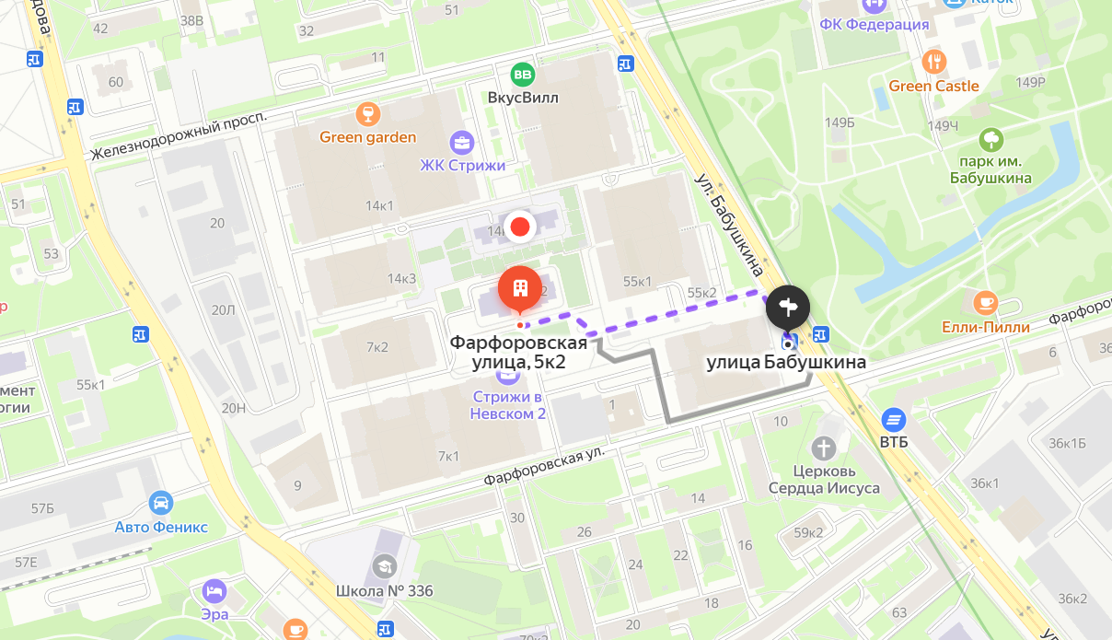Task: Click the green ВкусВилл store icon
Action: click(x=523, y=75)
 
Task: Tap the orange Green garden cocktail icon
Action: click(x=368, y=114)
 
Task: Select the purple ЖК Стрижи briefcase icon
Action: click(x=461, y=143)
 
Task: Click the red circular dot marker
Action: click(x=520, y=226)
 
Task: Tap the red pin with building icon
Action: click(x=520, y=289)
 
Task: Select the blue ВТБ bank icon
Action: click(x=893, y=420)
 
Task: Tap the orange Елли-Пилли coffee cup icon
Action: click(x=985, y=302)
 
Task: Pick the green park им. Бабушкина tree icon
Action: click(x=990, y=139)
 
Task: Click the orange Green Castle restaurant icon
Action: click(x=934, y=63)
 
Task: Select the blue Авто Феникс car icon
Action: click(x=161, y=503)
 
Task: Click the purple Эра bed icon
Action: click(x=214, y=590)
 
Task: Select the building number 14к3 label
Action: click(x=402, y=278)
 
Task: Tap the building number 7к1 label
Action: click(x=448, y=455)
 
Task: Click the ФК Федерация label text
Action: click(x=874, y=25)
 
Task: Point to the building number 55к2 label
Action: click(x=701, y=293)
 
